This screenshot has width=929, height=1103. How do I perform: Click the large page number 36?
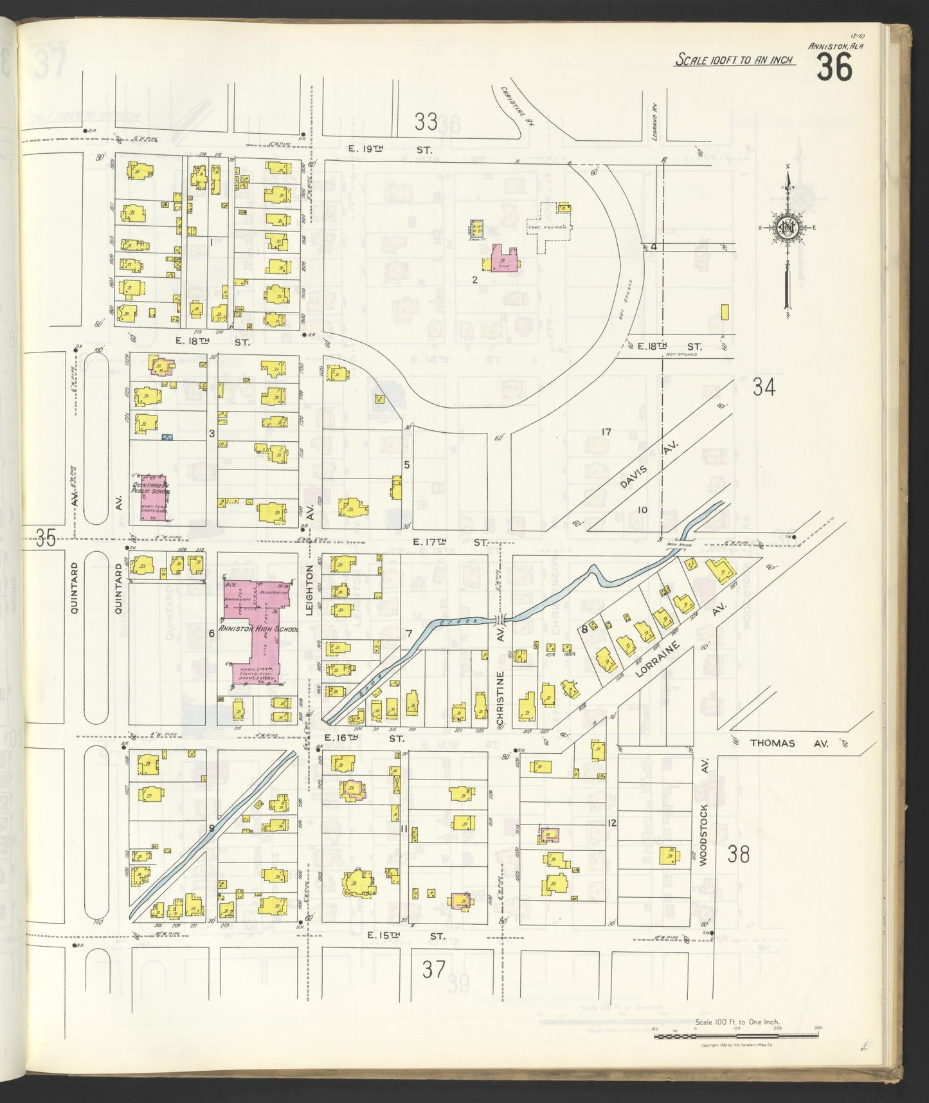835,66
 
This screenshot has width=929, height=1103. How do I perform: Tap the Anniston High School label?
258,628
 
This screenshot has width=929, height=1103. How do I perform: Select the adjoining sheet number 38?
739,855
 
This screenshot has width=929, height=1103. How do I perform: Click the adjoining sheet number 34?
764,387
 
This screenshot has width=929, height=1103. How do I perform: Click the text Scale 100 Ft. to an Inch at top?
734,60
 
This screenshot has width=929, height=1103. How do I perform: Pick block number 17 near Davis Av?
605,432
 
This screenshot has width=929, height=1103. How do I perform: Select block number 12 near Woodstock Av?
611,823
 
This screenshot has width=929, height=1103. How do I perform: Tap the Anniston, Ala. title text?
835,46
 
